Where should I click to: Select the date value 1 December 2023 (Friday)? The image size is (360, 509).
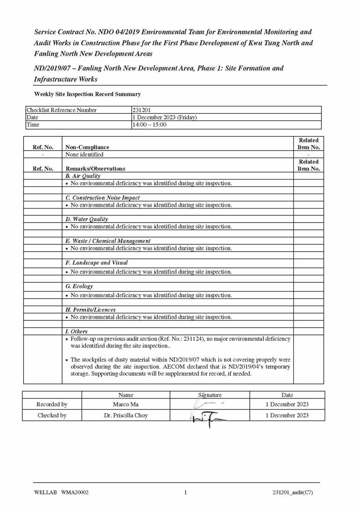[165, 117]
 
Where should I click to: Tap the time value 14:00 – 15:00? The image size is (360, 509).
[150, 125]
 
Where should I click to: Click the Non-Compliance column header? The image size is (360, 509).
[88, 147]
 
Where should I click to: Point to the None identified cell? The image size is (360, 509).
[85, 155]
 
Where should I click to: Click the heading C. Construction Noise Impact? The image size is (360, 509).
[102, 198]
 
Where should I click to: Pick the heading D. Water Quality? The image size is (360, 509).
[87, 219]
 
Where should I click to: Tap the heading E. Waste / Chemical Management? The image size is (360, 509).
[108, 241]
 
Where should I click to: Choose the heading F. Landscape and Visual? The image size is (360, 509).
[97, 263]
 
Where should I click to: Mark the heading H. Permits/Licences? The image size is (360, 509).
[91, 310]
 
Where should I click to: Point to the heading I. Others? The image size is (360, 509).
[77, 332]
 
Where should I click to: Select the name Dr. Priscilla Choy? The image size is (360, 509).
[126, 415]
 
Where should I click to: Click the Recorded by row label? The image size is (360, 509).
[52, 404]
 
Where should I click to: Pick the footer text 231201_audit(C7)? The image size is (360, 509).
[293, 493]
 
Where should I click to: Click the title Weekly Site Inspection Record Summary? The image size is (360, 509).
[88, 94]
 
